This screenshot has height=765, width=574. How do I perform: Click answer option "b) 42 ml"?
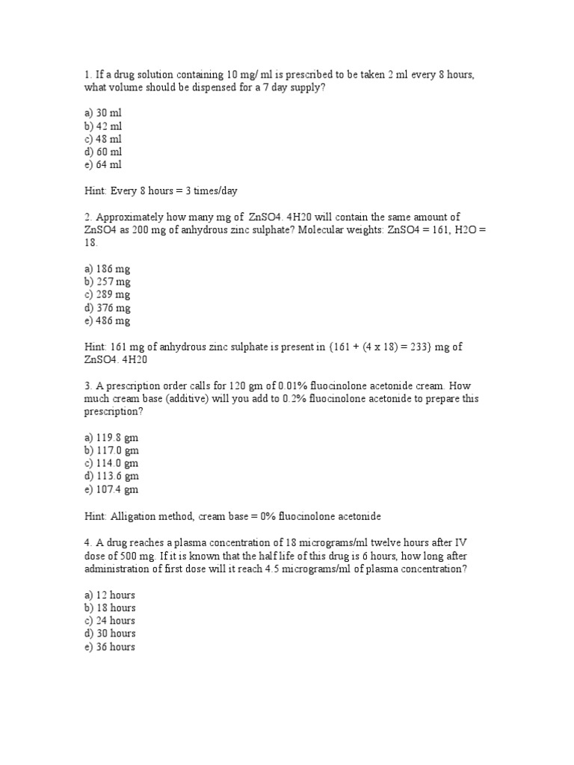[103, 126]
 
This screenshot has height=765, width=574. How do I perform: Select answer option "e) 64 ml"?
[103, 164]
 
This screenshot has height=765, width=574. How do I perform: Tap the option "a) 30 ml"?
[103, 114]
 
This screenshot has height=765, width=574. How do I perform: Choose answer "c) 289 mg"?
[108, 294]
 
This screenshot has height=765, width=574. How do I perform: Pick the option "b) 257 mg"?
[108, 282]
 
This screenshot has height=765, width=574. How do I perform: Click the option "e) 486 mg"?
[108, 320]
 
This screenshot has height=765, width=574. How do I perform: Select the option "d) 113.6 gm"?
[111, 476]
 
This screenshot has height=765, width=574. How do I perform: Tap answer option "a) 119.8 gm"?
[111, 438]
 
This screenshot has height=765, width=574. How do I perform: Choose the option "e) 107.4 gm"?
[111, 489]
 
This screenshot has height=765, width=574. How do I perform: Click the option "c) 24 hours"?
[110, 620]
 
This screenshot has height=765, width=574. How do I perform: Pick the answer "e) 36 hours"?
[110, 646]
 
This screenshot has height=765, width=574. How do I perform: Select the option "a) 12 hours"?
[110, 595]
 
